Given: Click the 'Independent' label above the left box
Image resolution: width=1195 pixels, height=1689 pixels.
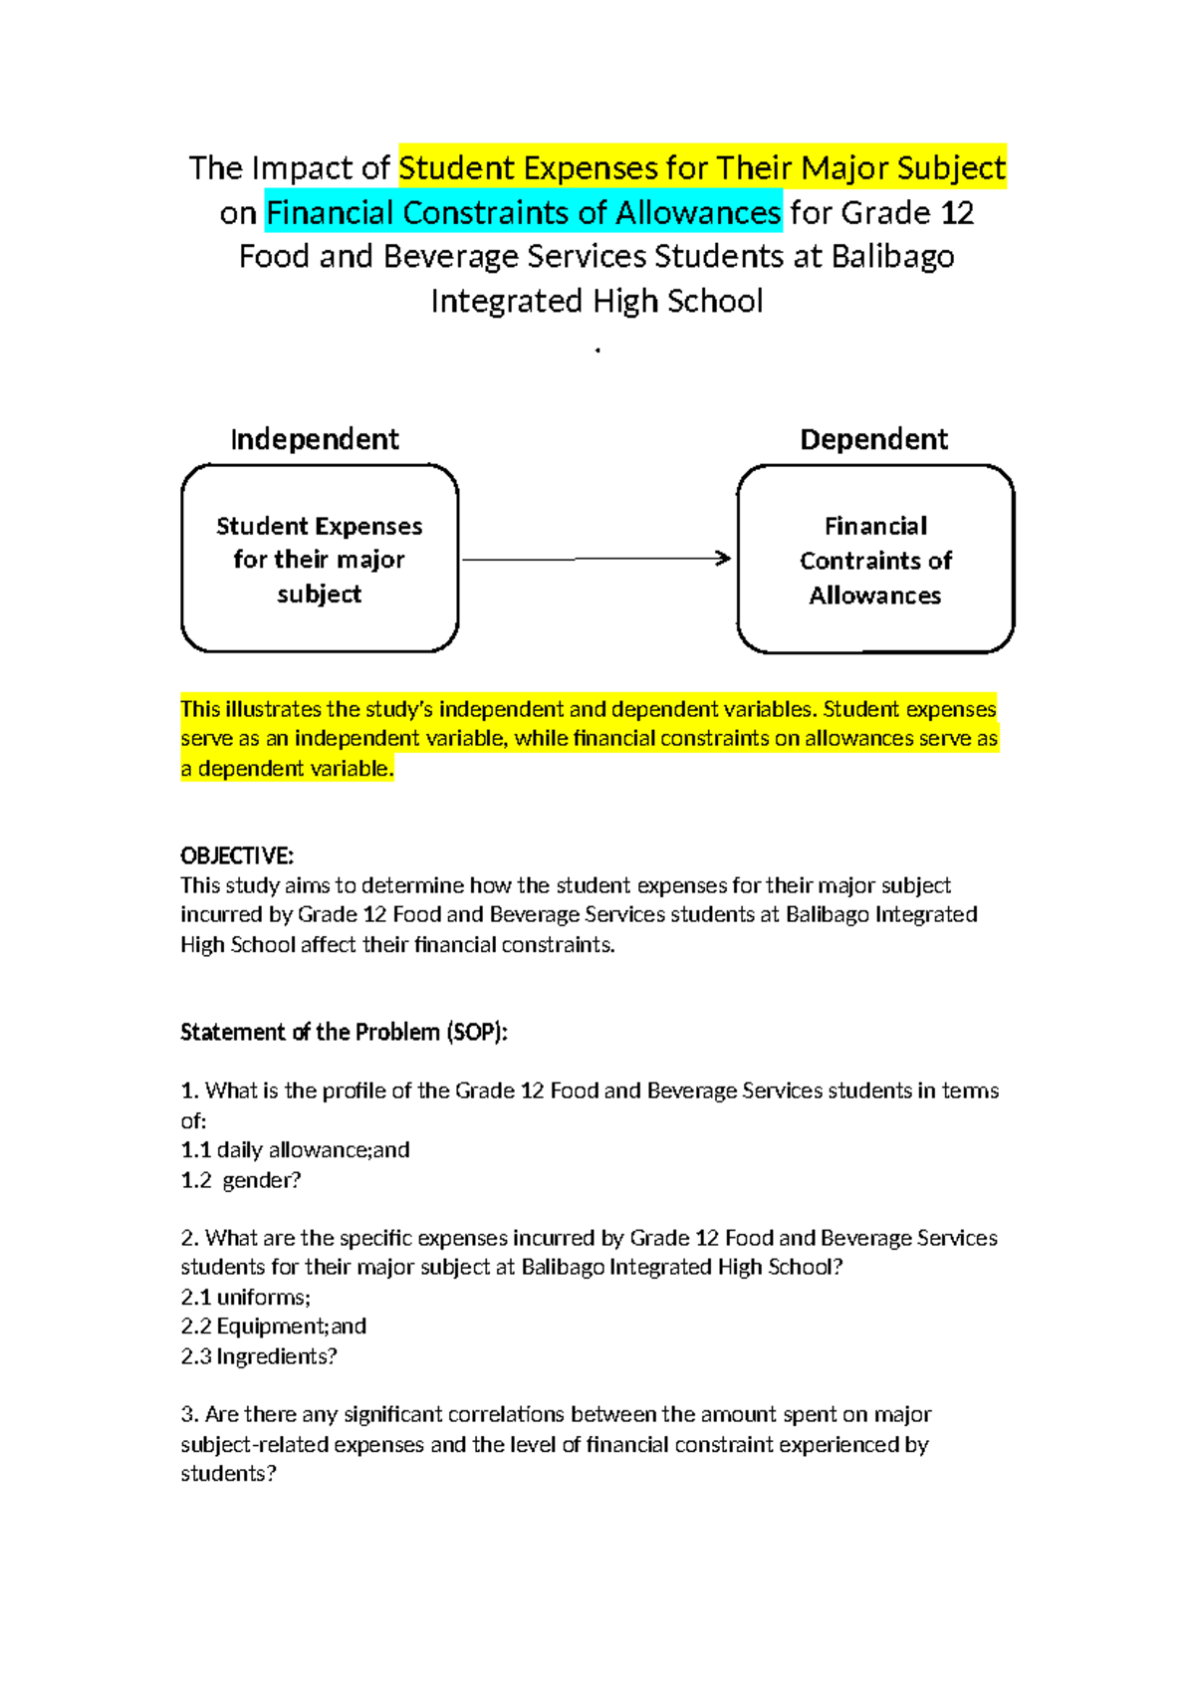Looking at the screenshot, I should (315, 439).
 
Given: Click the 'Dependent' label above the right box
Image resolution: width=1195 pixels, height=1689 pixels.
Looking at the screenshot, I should (873, 439).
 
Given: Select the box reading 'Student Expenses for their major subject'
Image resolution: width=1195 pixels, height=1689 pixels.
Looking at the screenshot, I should (320, 559).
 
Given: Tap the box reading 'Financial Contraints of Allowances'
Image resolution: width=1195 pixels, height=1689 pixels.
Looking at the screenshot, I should (875, 560).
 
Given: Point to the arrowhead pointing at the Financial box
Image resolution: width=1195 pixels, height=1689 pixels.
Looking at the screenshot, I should (724, 559).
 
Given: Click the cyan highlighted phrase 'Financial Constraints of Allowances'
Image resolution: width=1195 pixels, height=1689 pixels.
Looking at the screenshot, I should (523, 212).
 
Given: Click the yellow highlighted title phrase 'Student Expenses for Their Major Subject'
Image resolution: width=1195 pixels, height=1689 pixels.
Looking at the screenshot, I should (702, 167).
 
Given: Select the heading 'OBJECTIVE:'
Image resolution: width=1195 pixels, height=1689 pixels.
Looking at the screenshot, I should (237, 855).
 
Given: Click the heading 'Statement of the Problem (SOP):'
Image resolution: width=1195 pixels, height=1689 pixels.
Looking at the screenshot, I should (344, 1032).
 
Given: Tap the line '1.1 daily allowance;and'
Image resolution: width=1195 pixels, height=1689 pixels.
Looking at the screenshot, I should (295, 1149).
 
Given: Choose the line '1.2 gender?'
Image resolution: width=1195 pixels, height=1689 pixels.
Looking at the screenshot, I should (241, 1179).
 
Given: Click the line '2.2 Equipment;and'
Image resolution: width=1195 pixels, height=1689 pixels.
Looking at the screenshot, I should (274, 1326).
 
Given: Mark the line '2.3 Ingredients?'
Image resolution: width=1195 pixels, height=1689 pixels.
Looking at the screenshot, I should (259, 1355).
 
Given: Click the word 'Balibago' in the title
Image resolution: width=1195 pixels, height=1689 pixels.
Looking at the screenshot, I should (892, 257).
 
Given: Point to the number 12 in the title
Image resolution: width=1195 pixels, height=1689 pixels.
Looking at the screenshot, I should (957, 212).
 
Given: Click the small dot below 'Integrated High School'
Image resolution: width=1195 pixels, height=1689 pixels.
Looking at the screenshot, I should (597, 351).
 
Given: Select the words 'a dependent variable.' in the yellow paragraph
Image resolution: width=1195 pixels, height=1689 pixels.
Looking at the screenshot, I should (287, 768).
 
